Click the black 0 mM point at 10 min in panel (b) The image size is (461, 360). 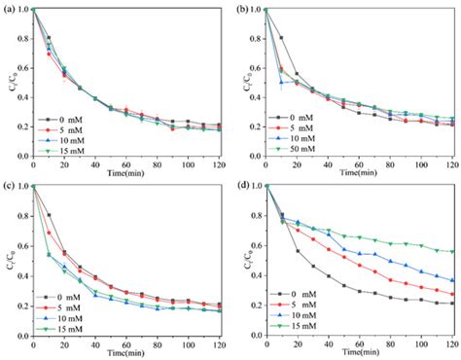(282, 38)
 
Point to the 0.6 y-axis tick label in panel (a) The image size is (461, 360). (20, 68)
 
